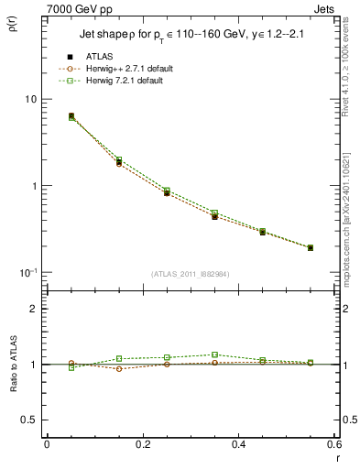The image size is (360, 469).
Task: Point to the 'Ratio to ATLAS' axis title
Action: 17,364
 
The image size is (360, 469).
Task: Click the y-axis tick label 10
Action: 30,99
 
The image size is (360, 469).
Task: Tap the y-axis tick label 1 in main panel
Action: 33,186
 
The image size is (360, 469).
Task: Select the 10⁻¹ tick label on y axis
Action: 28,272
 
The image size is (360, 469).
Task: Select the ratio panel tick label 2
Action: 33,309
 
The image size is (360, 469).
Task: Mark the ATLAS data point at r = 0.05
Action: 71,116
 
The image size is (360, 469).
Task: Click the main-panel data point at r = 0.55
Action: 311,247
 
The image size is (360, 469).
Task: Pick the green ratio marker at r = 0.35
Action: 214,354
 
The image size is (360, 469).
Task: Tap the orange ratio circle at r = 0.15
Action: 119,368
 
